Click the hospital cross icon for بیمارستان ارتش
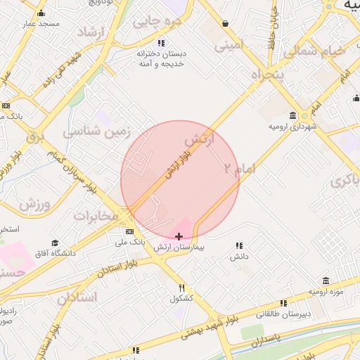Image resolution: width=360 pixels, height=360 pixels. point(179,236)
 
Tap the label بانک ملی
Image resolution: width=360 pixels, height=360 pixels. point(131,241)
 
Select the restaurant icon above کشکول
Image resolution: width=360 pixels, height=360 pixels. point(182,287)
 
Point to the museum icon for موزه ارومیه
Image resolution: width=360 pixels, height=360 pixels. point(326,281)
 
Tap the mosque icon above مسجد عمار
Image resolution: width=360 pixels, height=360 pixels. point(41,13)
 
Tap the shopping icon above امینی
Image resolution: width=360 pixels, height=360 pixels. point(224,24)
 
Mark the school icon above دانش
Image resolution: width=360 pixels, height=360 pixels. point(239,245)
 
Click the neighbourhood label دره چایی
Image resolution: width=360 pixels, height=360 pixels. point(157,22)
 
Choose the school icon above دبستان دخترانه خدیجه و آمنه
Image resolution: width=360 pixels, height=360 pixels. point(161,44)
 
